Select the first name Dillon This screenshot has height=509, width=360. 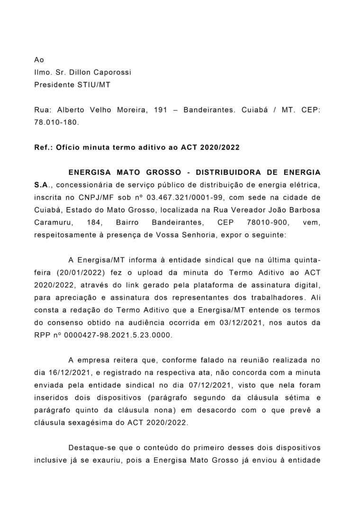81,72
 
